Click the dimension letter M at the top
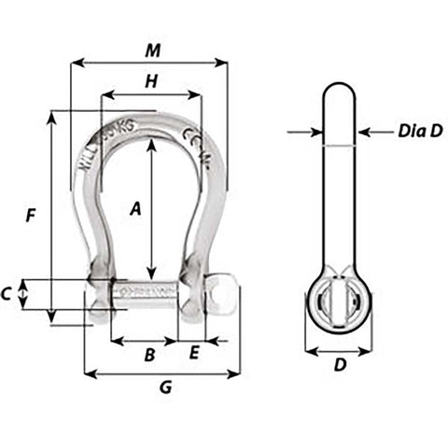click(152, 49)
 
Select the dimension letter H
click(150, 80)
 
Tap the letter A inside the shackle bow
click(135, 210)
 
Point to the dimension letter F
click(31, 216)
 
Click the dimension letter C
click(7, 294)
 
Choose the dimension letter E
click(194, 353)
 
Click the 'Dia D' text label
click(420, 132)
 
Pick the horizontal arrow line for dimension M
click(149, 63)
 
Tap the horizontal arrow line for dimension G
click(162, 373)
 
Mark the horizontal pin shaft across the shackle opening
click(147, 292)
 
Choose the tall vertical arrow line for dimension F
click(51, 216)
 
